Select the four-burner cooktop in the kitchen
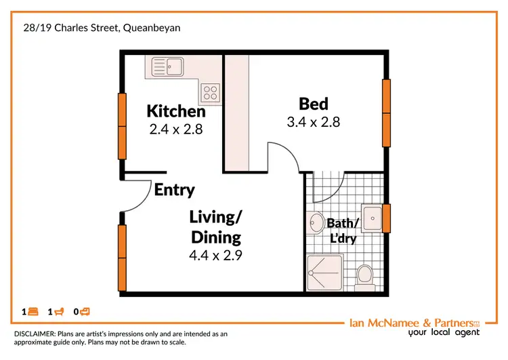tap(210, 90)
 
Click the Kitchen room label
tap(176, 111)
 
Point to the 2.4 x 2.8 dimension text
tap(176, 128)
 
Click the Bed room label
tap(314, 104)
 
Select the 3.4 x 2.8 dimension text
tap(313, 122)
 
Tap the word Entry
tap(174, 190)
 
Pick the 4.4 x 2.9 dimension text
tap(216, 256)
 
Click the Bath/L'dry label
tap(342, 231)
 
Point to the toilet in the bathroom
tap(364, 276)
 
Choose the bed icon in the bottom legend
tap(33, 312)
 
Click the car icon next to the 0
tap(85, 312)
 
